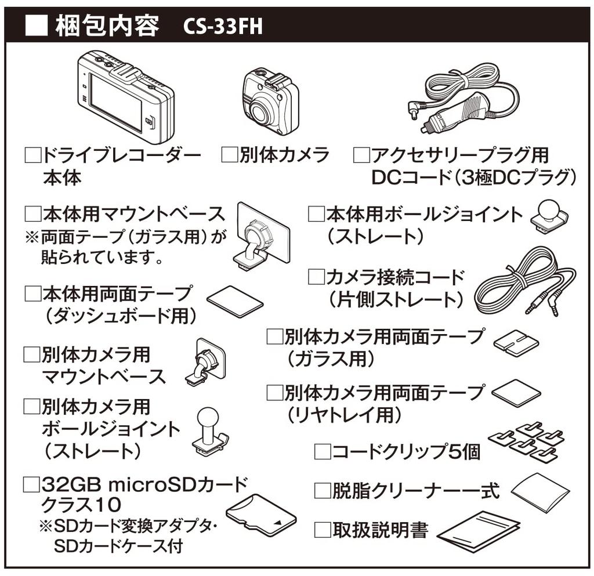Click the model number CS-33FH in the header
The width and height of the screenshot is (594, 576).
222,26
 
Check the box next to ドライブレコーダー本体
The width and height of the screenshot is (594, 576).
32,155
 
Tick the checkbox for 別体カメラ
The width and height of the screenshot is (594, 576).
230,155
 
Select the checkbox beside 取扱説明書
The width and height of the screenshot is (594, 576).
322,530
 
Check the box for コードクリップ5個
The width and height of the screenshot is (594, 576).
322,451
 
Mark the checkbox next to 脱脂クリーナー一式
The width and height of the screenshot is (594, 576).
322,491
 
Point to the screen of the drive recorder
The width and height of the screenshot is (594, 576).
116,104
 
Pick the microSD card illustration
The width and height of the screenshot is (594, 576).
261,514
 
